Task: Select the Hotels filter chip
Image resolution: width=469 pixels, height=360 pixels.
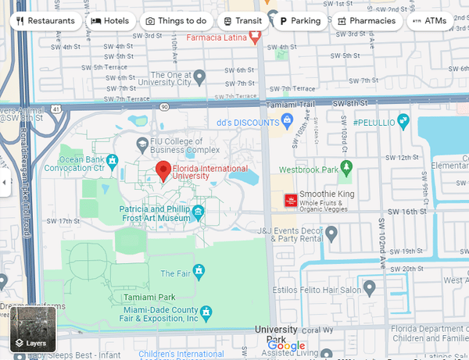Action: (x=110, y=21)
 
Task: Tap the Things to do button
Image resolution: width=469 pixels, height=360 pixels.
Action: (x=176, y=21)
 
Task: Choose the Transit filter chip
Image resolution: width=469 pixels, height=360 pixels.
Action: (x=242, y=21)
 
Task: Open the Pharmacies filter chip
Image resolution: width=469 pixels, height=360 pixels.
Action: (x=367, y=21)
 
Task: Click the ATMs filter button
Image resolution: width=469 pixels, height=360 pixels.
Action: (x=429, y=21)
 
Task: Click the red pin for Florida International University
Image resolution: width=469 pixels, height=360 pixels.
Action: (x=163, y=169)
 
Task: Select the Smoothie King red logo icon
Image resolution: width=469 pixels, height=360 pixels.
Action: (x=290, y=201)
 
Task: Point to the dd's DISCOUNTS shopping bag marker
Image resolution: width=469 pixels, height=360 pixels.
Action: (x=287, y=121)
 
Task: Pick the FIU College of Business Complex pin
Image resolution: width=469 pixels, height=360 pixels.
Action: (x=141, y=144)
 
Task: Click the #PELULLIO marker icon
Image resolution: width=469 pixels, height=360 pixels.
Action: (x=403, y=121)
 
